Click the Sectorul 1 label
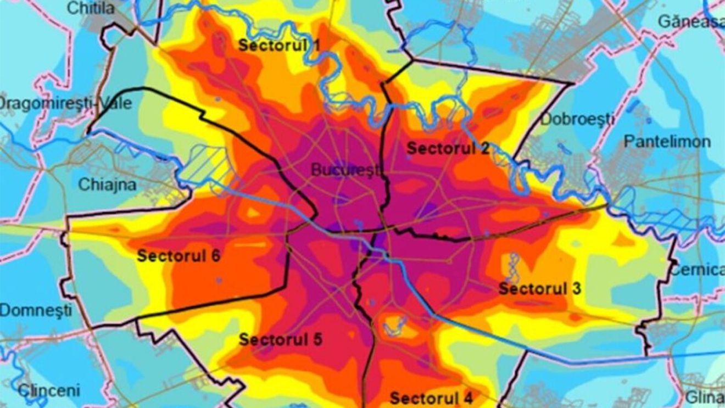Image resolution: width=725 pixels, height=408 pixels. pyautogui.click(x=279, y=45)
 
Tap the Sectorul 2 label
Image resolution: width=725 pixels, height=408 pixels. pyautogui.click(x=448, y=148)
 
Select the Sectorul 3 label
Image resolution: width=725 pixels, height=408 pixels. pyautogui.click(x=539, y=288)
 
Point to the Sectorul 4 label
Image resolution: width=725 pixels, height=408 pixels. pyautogui.click(x=432, y=397)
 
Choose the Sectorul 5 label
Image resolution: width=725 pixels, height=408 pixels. pyautogui.click(x=281, y=339)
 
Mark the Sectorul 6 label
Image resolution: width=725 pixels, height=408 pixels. pyautogui.click(x=179, y=255)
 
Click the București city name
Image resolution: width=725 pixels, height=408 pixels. pyautogui.click(x=345, y=170)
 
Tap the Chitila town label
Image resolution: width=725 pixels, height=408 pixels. pyautogui.click(x=91, y=8)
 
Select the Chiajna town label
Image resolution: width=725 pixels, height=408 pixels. pyautogui.click(x=107, y=185)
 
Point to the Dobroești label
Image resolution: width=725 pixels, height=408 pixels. pyautogui.click(x=577, y=119)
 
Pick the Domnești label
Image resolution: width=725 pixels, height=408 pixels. pyautogui.click(x=36, y=310)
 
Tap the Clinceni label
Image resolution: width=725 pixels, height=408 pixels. pyautogui.click(x=48, y=391)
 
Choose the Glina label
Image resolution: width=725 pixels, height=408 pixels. pyautogui.click(x=705, y=396)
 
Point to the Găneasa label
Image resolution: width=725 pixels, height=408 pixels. pyautogui.click(x=691, y=22)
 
